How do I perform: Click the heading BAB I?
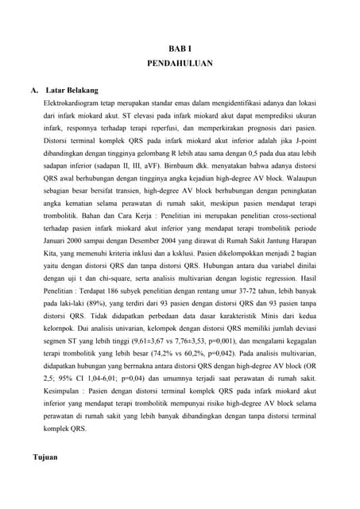tap(180, 49)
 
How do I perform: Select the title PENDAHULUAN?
tap(180, 67)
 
